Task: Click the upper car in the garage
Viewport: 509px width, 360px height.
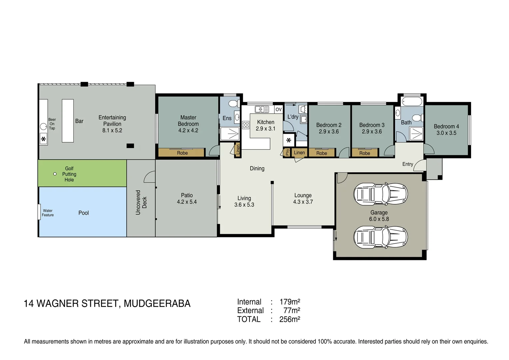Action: point(380,194)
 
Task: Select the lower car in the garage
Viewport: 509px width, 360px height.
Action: point(380,237)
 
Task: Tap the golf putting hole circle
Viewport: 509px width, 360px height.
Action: point(55,174)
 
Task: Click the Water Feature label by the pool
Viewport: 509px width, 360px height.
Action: point(48,213)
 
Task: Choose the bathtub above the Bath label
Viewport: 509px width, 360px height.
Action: point(412,101)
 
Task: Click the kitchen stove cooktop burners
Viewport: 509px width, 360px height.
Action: point(246,125)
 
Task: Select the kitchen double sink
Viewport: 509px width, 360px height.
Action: point(262,109)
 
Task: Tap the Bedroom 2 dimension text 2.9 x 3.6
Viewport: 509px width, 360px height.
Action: point(328,132)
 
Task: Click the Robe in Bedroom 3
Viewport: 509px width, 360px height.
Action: point(365,153)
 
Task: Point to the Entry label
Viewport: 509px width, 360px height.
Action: point(407,164)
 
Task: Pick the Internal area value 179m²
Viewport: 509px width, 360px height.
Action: point(289,302)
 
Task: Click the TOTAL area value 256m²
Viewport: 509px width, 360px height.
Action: point(289,319)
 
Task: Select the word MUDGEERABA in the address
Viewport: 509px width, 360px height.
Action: point(157,304)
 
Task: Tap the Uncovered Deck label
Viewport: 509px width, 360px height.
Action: point(141,202)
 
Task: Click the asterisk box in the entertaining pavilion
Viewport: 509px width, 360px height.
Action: point(43,139)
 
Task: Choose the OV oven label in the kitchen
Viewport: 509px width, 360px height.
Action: point(278,109)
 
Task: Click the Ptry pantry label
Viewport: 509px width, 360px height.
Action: point(287,152)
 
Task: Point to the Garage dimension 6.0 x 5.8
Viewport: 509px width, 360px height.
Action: point(379,219)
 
